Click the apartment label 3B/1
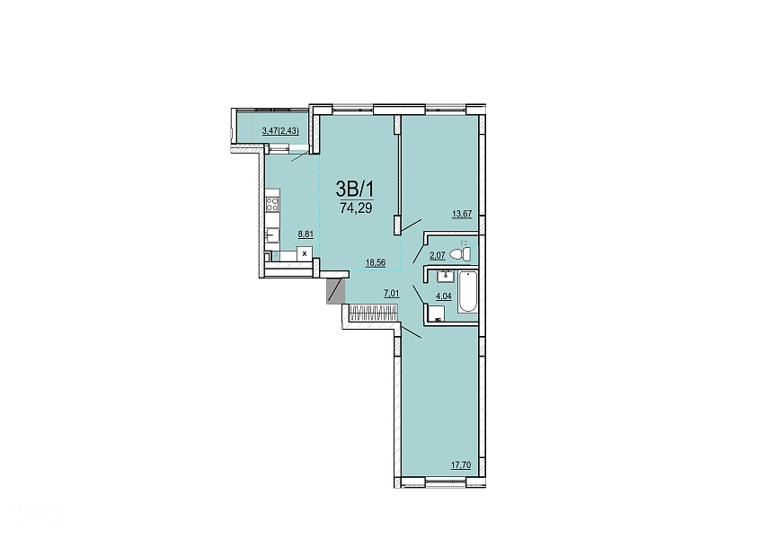point(355,187)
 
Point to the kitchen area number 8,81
point(306,234)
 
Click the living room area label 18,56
point(376,262)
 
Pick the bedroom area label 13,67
point(462,213)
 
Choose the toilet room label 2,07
point(438,254)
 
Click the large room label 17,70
point(461,465)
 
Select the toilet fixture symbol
point(461,252)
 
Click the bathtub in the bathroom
point(468,292)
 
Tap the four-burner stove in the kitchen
point(272,204)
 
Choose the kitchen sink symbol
point(272,235)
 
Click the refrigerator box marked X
point(305,253)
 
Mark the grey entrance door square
point(335,291)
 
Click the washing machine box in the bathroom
point(437,314)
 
